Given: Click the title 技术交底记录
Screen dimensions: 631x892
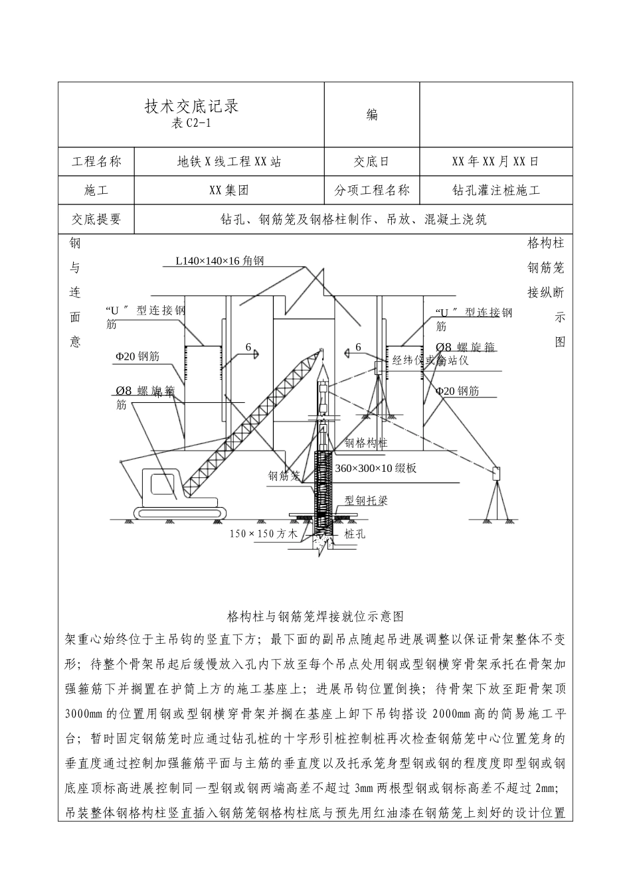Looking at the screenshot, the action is (x=191, y=106).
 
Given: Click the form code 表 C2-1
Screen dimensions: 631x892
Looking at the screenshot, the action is (x=191, y=123).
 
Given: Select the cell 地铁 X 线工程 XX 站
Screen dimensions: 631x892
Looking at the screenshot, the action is (x=228, y=161).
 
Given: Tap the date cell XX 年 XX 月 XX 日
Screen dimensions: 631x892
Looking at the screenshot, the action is (x=495, y=161).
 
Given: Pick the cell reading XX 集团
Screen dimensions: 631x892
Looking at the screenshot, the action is (x=228, y=190).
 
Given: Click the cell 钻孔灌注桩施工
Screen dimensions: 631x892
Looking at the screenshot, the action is (x=495, y=190).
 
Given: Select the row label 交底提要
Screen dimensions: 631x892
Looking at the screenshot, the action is (x=96, y=220).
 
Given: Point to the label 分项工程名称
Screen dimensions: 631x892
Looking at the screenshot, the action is (x=372, y=190).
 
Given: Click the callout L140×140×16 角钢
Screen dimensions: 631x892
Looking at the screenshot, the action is (x=220, y=261).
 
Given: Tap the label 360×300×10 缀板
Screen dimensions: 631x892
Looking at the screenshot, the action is (x=376, y=468).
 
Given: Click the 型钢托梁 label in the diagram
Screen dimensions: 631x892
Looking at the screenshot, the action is (x=365, y=500).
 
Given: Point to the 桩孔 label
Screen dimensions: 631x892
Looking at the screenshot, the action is (x=355, y=533).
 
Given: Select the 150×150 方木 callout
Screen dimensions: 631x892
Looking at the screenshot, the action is (x=264, y=533).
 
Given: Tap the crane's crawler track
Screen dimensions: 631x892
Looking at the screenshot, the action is (x=181, y=512).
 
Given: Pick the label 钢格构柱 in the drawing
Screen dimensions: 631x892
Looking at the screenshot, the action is (x=365, y=443).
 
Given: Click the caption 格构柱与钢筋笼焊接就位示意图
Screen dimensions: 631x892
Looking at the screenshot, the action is (x=315, y=617).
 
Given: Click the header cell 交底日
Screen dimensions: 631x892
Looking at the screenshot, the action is (x=372, y=161).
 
